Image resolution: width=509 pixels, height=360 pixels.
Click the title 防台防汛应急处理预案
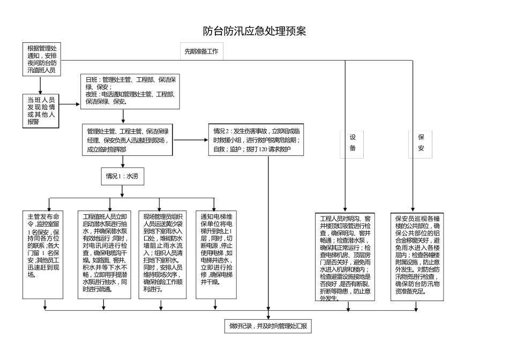[254, 31]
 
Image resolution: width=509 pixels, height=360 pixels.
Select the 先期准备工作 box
[201, 51]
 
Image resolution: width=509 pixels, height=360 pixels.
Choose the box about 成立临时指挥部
[128, 140]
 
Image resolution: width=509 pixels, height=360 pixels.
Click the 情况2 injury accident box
[257, 140]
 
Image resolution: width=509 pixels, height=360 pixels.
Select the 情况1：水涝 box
[123, 176]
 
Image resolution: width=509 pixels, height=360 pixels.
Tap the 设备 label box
[353, 142]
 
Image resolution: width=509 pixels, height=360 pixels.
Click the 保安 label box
[421, 142]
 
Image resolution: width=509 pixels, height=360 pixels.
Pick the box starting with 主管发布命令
[44, 245]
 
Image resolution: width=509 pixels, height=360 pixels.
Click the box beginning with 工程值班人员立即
[104, 253]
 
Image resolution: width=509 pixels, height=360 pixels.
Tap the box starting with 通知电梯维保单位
[215, 246]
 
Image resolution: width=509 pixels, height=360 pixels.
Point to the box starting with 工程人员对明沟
[345, 257]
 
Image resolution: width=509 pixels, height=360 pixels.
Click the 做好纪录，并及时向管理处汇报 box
[268, 326]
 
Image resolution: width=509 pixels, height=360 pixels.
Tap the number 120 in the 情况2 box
[263, 149]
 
